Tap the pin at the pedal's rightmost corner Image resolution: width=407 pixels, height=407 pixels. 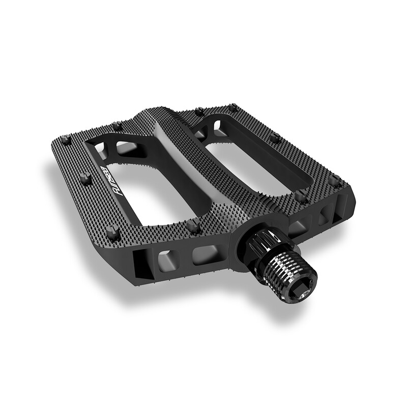coord(334,180)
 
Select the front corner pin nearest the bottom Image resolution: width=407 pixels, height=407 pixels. coord(113,234)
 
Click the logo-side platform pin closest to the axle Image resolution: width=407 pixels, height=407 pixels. coord(193,224)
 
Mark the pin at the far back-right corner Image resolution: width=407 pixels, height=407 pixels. coord(232,108)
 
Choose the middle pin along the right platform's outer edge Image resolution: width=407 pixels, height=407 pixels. coord(275,137)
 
